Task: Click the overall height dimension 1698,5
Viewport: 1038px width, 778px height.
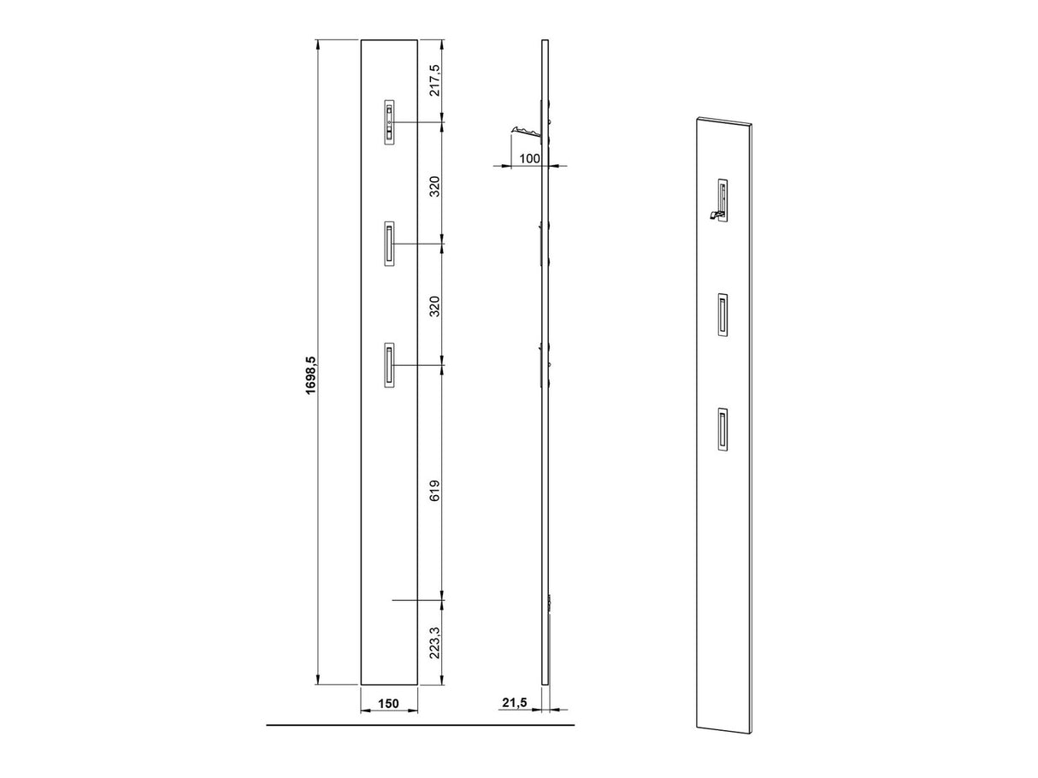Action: click(310, 376)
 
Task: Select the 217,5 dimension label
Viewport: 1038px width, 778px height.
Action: click(434, 80)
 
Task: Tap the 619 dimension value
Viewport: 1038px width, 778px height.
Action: click(434, 490)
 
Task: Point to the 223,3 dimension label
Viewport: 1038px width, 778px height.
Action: click(434, 643)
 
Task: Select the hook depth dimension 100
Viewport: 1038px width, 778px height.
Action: click(529, 159)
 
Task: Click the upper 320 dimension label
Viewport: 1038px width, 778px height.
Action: click(434, 186)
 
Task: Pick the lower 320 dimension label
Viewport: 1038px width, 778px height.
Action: click(434, 306)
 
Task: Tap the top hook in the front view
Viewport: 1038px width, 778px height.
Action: click(389, 122)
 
